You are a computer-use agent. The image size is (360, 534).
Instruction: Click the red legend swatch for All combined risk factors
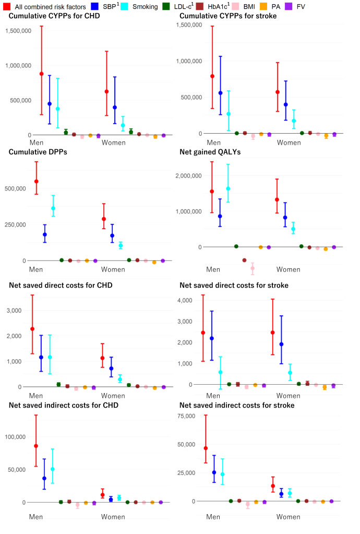(6, 6)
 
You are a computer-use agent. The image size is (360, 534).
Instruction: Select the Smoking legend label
(145, 6)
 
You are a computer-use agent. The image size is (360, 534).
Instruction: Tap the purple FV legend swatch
(289, 6)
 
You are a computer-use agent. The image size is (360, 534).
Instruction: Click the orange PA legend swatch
(263, 6)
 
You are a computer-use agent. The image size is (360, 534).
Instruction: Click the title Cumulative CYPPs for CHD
(54, 16)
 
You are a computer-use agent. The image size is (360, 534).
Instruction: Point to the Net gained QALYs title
(210, 152)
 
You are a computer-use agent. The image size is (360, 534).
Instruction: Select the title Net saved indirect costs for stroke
(237, 405)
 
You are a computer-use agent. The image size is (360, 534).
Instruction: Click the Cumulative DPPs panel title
(38, 152)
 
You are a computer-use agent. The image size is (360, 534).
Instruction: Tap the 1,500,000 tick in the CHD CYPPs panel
(18, 31)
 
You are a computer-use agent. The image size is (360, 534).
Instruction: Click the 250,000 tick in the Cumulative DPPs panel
(15, 224)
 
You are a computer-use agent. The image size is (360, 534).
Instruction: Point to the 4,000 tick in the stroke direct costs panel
(185, 300)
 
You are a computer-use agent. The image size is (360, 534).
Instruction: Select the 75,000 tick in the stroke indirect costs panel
(186, 416)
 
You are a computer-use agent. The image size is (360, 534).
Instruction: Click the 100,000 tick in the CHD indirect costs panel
(15, 436)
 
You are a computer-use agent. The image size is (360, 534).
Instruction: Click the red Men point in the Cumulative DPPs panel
(37, 182)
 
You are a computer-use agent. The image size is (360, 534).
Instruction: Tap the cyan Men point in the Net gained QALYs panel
(228, 188)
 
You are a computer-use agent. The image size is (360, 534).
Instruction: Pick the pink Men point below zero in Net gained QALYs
(253, 268)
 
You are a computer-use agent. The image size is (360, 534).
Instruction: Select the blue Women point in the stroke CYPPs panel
(286, 104)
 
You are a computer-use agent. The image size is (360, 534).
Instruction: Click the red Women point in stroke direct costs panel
(272, 333)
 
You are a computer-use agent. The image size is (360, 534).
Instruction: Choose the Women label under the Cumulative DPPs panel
(113, 269)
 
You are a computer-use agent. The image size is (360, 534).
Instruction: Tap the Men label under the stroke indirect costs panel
(213, 517)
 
